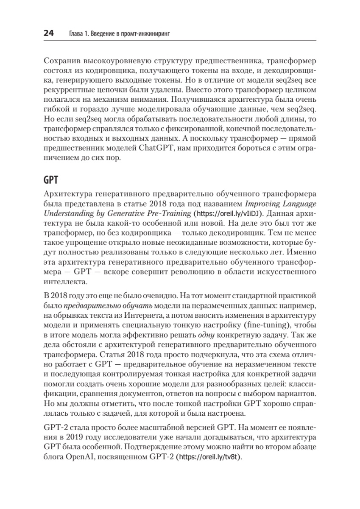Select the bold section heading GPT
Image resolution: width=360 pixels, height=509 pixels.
pyautogui.click(x=50, y=179)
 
